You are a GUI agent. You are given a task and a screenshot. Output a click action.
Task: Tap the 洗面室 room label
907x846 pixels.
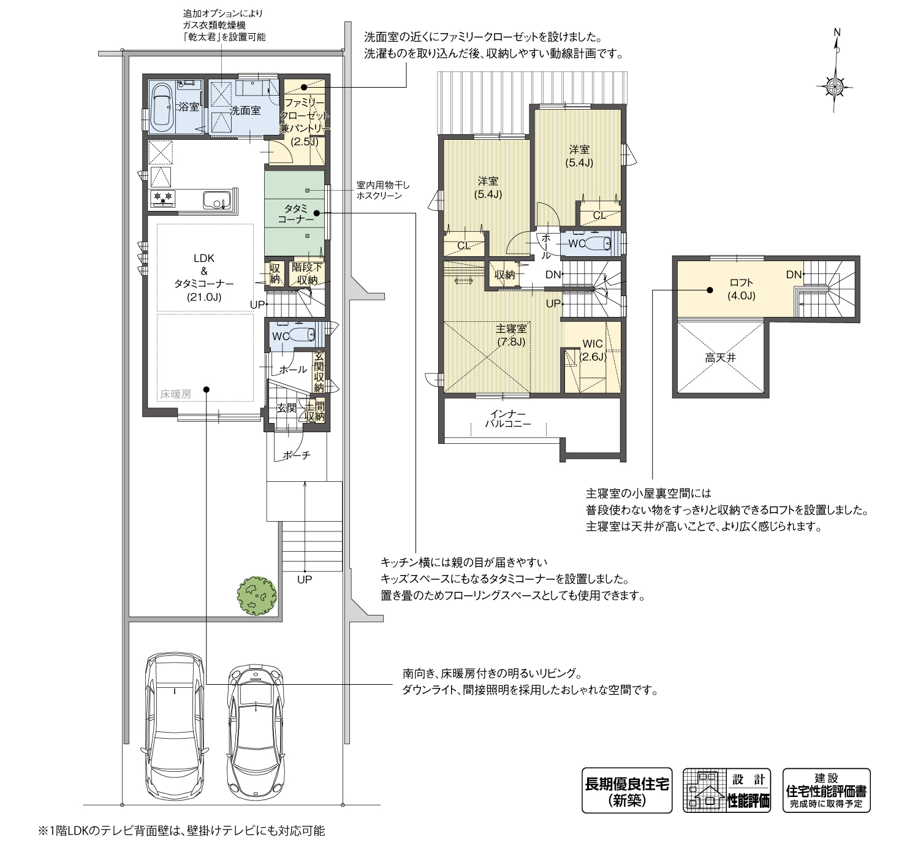pyautogui.click(x=245, y=111)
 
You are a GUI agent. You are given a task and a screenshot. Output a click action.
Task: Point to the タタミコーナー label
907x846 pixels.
pyautogui.click(x=295, y=213)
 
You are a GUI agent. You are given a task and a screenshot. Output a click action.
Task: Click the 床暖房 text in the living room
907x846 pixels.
pyautogui.click(x=176, y=395)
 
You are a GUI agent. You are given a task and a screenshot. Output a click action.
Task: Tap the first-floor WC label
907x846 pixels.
pyautogui.click(x=281, y=336)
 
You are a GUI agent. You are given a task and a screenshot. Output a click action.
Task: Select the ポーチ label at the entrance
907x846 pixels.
pyautogui.click(x=297, y=455)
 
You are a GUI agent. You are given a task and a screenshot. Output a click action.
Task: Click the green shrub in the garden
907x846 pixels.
pyautogui.click(x=257, y=594)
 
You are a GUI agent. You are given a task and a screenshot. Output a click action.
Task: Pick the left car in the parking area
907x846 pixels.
pyautogui.click(x=175, y=726)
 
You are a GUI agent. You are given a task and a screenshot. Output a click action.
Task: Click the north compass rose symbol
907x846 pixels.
pyautogui.click(x=837, y=86)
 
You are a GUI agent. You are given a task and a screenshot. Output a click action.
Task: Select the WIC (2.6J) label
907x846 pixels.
pyautogui.click(x=593, y=350)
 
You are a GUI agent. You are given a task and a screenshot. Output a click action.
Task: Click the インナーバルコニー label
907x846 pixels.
pyautogui.click(x=507, y=419)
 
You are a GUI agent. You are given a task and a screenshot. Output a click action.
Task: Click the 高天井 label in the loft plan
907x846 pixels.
pyautogui.click(x=719, y=357)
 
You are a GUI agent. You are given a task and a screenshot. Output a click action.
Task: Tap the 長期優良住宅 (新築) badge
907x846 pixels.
pyautogui.click(x=626, y=791)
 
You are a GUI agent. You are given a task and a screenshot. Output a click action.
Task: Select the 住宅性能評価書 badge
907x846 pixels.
pyautogui.click(x=826, y=791)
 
